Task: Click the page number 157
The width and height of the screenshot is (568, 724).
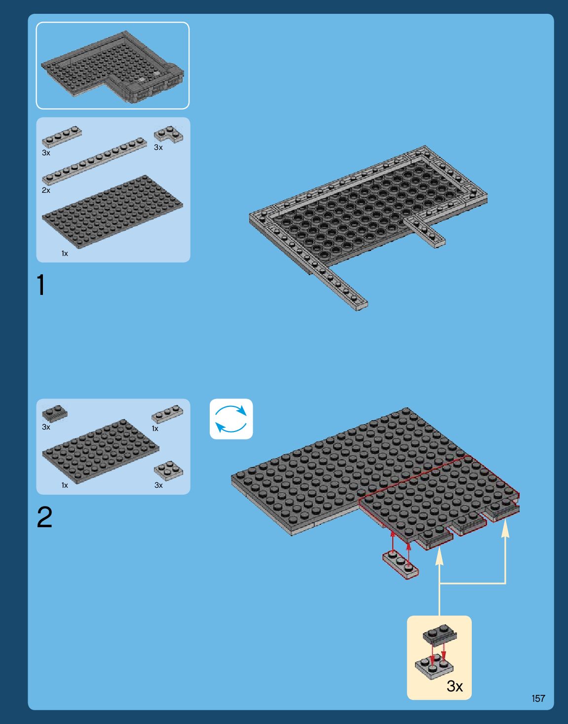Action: click(x=538, y=698)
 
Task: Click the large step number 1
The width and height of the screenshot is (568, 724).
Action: click(x=41, y=285)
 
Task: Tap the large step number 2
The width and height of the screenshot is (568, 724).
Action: click(x=44, y=517)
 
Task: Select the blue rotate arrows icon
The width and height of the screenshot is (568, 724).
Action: click(x=231, y=419)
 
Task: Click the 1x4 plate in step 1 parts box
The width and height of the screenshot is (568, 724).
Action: click(x=62, y=137)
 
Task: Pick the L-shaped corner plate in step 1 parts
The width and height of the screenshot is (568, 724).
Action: click(x=168, y=134)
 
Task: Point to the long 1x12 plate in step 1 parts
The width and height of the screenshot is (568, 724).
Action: click(x=94, y=161)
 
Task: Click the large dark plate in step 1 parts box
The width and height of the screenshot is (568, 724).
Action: click(x=113, y=212)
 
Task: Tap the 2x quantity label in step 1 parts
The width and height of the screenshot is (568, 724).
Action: click(x=46, y=190)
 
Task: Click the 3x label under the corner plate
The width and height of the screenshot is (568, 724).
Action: click(x=158, y=147)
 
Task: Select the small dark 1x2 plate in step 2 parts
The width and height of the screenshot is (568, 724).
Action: click(x=55, y=413)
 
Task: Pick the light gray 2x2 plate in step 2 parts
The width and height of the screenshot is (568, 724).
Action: click(x=168, y=471)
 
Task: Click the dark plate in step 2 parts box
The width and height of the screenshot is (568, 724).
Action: click(x=100, y=451)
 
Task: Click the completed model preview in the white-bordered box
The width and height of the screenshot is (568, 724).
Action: click(x=113, y=66)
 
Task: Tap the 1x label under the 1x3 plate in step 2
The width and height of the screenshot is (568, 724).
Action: click(x=155, y=429)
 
